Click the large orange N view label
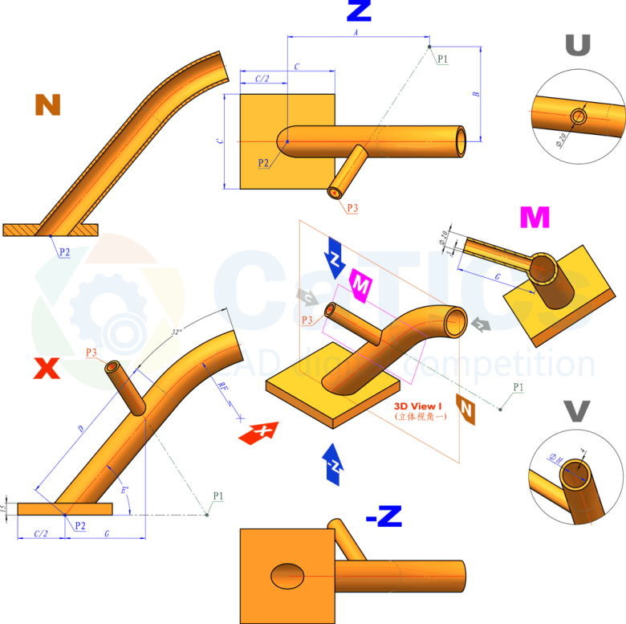pyautogui.click(x=48, y=105)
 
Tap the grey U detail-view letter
pyautogui.click(x=578, y=46)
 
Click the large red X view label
pyautogui.click(x=47, y=369)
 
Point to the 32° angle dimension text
pyautogui.click(x=177, y=332)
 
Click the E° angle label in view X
pyautogui.click(x=123, y=488)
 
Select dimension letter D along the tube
pyautogui.click(x=80, y=429)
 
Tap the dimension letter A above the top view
pyautogui.click(x=356, y=32)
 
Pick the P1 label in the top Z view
pyautogui.click(x=443, y=59)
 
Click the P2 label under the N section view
pyautogui.click(x=63, y=251)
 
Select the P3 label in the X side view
pyautogui.click(x=91, y=353)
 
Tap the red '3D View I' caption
pyautogui.click(x=418, y=407)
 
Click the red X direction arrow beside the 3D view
pyautogui.click(x=258, y=432)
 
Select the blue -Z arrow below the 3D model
pyautogui.click(x=333, y=464)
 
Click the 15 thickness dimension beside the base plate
pyautogui.click(x=7, y=508)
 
